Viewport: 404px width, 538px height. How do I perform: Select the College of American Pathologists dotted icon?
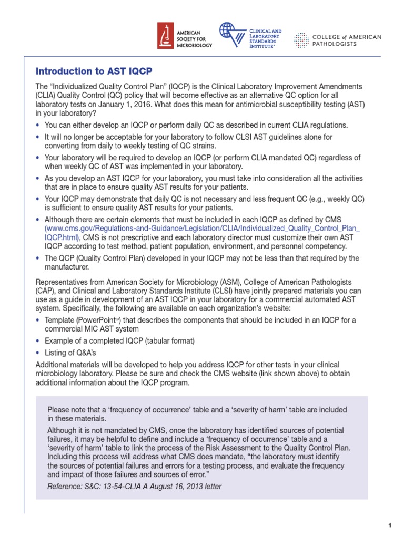click(x=301, y=40)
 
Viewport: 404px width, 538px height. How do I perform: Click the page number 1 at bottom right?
click(x=390, y=526)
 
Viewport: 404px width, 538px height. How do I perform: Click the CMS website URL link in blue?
click(x=202, y=229)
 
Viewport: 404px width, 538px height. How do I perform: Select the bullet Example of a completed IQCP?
click(x=119, y=341)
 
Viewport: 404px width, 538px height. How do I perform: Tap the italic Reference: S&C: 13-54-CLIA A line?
click(x=135, y=486)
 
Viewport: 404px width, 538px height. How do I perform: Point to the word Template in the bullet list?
click(x=60, y=320)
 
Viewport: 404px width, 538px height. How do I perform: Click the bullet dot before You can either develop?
click(x=38, y=125)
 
